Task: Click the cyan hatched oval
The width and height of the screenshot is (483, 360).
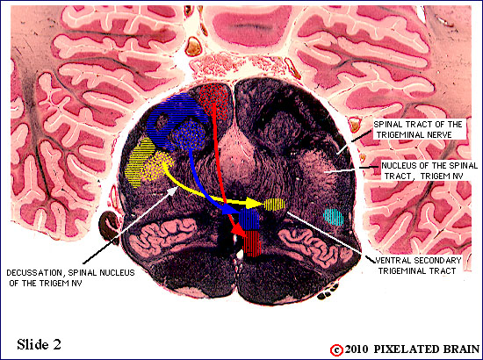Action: (334, 217)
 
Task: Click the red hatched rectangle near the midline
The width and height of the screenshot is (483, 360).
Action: (252, 243)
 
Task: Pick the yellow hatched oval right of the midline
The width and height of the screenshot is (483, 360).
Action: (274, 205)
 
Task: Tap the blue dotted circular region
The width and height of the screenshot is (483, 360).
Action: (189, 136)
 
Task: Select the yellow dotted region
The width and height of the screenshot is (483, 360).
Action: (158, 166)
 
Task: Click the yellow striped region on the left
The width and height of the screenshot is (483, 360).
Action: (138, 163)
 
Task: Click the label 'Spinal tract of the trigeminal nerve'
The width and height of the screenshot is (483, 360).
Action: (418, 129)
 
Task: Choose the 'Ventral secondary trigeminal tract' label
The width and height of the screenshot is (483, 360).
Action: (417, 265)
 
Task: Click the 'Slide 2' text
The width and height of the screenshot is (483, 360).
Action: (39, 344)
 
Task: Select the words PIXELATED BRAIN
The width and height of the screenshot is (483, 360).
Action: (426, 349)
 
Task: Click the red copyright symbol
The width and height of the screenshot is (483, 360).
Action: (336, 350)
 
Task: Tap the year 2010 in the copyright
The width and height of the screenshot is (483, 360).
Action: (357, 349)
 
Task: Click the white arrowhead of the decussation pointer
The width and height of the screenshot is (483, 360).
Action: (172, 191)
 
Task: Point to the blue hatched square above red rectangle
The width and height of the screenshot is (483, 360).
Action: (249, 220)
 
